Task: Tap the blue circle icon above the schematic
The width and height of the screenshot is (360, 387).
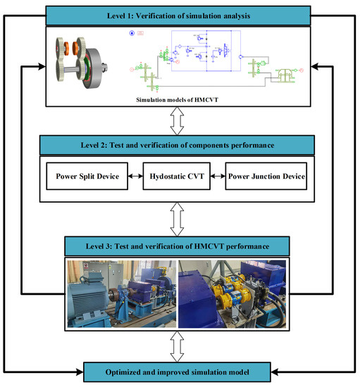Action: click(x=132, y=33)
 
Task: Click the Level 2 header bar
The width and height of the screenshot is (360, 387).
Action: click(x=180, y=146)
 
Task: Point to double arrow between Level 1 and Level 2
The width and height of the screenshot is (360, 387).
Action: click(x=180, y=121)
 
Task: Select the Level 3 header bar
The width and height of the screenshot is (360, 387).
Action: click(x=180, y=247)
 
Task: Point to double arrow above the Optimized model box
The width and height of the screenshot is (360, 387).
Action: click(x=180, y=345)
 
